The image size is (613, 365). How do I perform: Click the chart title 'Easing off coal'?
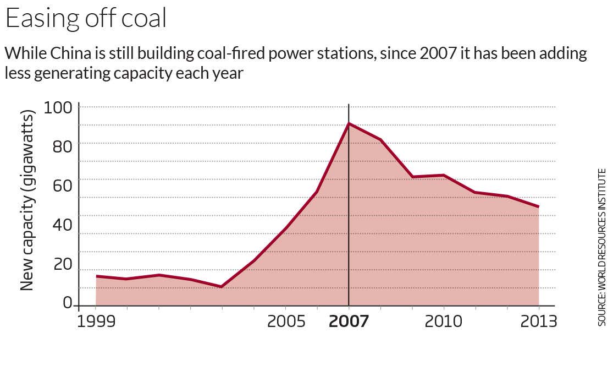click(x=85, y=18)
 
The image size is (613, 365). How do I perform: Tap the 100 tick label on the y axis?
click(x=58, y=106)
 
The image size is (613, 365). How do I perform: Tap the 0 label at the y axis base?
click(x=68, y=303)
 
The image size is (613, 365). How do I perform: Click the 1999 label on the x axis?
click(x=96, y=321)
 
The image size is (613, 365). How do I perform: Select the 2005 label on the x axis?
click(x=286, y=321)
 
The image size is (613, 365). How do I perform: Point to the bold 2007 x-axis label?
click(x=349, y=321)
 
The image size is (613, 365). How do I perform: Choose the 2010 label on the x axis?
click(x=444, y=321)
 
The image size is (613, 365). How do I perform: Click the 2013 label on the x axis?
click(x=538, y=321)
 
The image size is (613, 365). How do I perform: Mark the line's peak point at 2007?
click(x=349, y=123)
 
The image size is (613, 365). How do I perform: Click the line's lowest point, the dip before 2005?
click(x=222, y=287)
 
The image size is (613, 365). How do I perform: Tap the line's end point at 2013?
click(x=539, y=207)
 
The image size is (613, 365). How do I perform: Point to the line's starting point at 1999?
click(x=96, y=276)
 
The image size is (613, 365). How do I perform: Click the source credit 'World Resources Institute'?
click(x=602, y=248)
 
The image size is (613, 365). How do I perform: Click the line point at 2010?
click(x=444, y=175)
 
